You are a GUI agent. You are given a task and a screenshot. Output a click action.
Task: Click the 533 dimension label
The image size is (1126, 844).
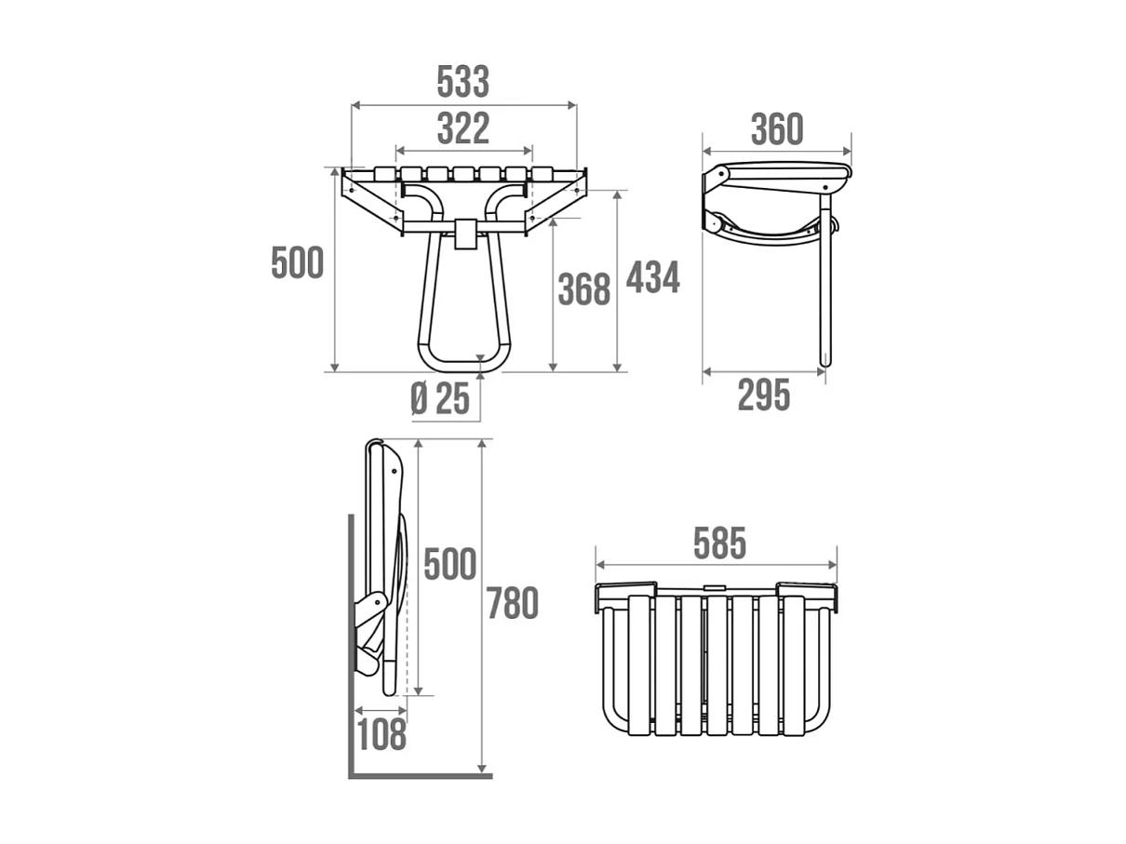pos(462,83)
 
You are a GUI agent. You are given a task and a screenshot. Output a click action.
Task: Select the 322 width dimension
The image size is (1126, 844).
pos(462,128)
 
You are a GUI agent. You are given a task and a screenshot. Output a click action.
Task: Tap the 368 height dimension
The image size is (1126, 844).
pos(583,290)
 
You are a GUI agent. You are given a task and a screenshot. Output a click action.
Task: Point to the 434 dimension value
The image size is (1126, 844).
pos(652,277)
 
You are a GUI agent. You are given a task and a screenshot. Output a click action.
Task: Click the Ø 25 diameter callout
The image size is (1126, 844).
pos(440,399)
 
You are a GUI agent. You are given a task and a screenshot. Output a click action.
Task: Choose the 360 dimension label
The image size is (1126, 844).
pos(776,130)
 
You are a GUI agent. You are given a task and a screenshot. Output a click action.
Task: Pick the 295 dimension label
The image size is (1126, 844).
pos(763,395)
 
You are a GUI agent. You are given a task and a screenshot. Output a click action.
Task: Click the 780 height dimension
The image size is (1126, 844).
pos(513,605)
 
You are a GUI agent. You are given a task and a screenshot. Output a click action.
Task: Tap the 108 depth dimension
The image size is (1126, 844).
pos(382,735)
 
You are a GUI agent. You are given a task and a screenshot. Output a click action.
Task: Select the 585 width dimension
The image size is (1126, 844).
pos(719,544)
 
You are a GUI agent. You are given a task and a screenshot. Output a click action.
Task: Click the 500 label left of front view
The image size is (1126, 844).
pos(297,263)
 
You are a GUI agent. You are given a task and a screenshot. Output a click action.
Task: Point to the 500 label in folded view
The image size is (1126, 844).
pos(449,565)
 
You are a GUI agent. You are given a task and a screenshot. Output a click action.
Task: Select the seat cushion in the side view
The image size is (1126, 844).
pos(786,173)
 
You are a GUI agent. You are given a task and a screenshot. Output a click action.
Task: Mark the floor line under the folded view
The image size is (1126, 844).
pos(419,775)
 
